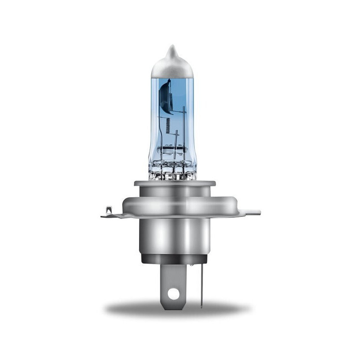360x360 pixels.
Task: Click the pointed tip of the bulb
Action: click(x=171, y=47)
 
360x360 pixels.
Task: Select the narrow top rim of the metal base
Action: click(x=175, y=183)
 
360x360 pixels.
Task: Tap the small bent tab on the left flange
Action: click(x=108, y=209)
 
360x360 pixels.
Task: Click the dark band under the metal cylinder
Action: click(x=174, y=259)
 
